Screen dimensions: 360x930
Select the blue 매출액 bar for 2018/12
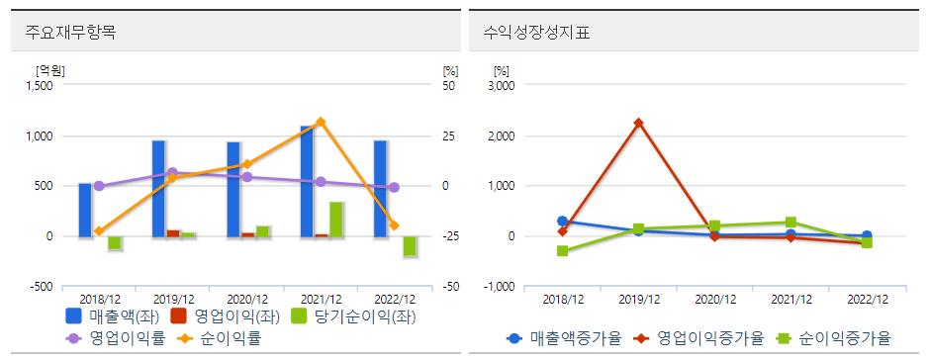click(84, 210)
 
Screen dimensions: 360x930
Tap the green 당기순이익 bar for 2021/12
click(336, 219)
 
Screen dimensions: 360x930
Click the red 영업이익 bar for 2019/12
click(173, 232)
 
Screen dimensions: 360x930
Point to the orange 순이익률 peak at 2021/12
click(321, 122)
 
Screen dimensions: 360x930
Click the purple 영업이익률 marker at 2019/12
click(172, 173)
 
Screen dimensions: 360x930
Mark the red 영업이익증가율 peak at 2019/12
click(638, 123)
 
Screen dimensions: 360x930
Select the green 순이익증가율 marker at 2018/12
click(562, 251)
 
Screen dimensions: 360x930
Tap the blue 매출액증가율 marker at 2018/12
click(562, 222)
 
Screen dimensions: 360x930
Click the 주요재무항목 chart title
click(70, 32)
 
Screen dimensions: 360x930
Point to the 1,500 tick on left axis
click(38, 86)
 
